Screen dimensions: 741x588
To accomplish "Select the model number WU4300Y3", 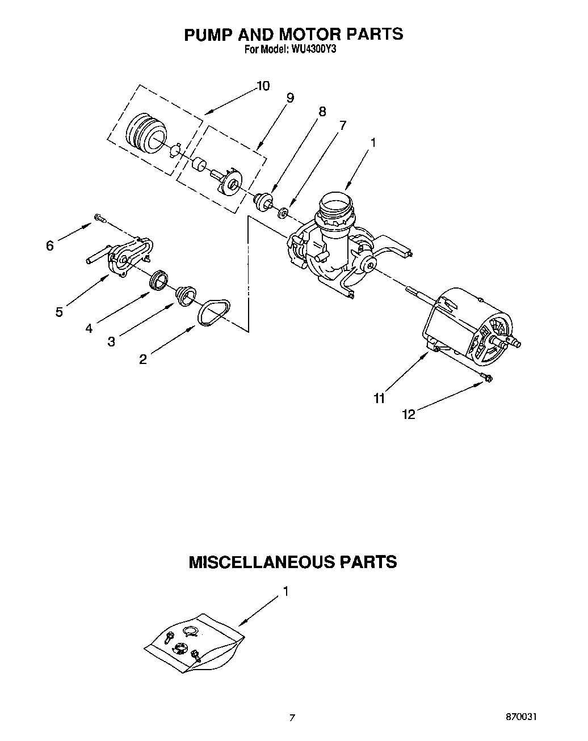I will [314, 49].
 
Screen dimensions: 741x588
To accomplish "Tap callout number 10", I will [262, 86].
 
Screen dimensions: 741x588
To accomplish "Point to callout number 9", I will [290, 98].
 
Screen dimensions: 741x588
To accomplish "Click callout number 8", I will [322, 112].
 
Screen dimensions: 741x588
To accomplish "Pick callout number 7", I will [342, 125].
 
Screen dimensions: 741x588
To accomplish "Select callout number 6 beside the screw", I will [50, 245].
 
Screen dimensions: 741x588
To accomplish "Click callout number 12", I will [409, 414].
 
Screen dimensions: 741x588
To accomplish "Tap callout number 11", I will [379, 399].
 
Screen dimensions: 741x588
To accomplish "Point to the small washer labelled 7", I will [282, 213].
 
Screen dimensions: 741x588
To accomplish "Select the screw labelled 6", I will [100, 217].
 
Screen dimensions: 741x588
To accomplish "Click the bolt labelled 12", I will [487, 377].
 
